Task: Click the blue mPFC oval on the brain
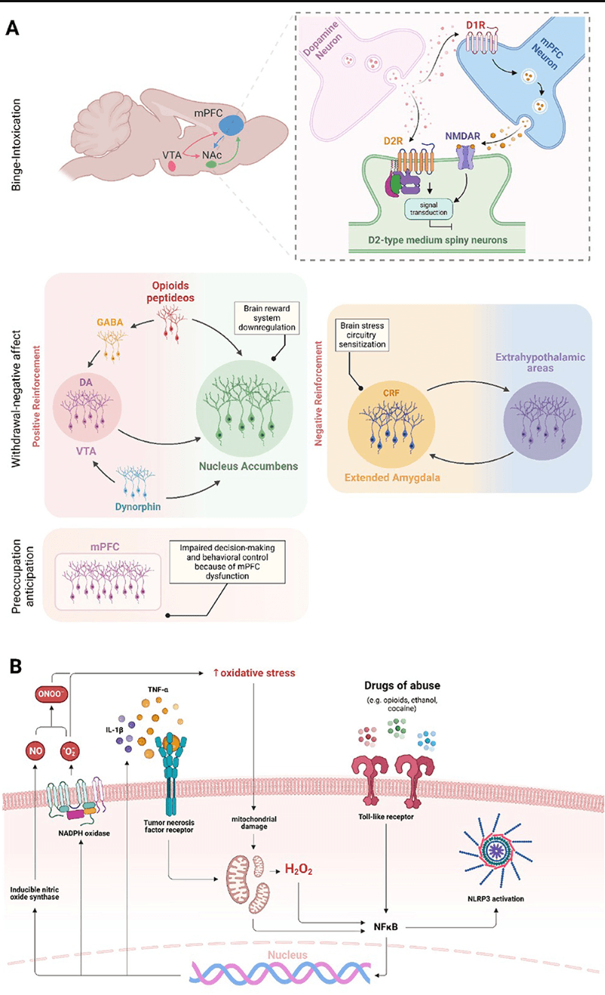tap(227, 118)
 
